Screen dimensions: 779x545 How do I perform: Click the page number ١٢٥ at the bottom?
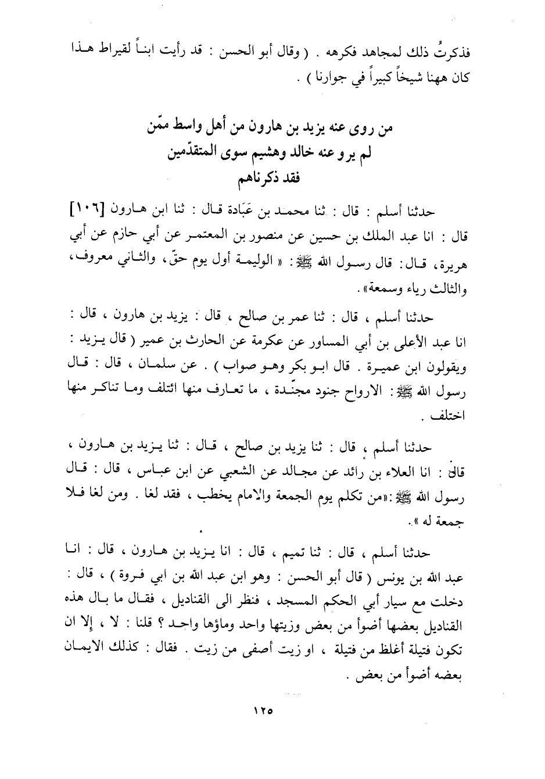tap(263, 710)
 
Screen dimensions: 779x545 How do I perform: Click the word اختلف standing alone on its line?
tap(453, 417)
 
